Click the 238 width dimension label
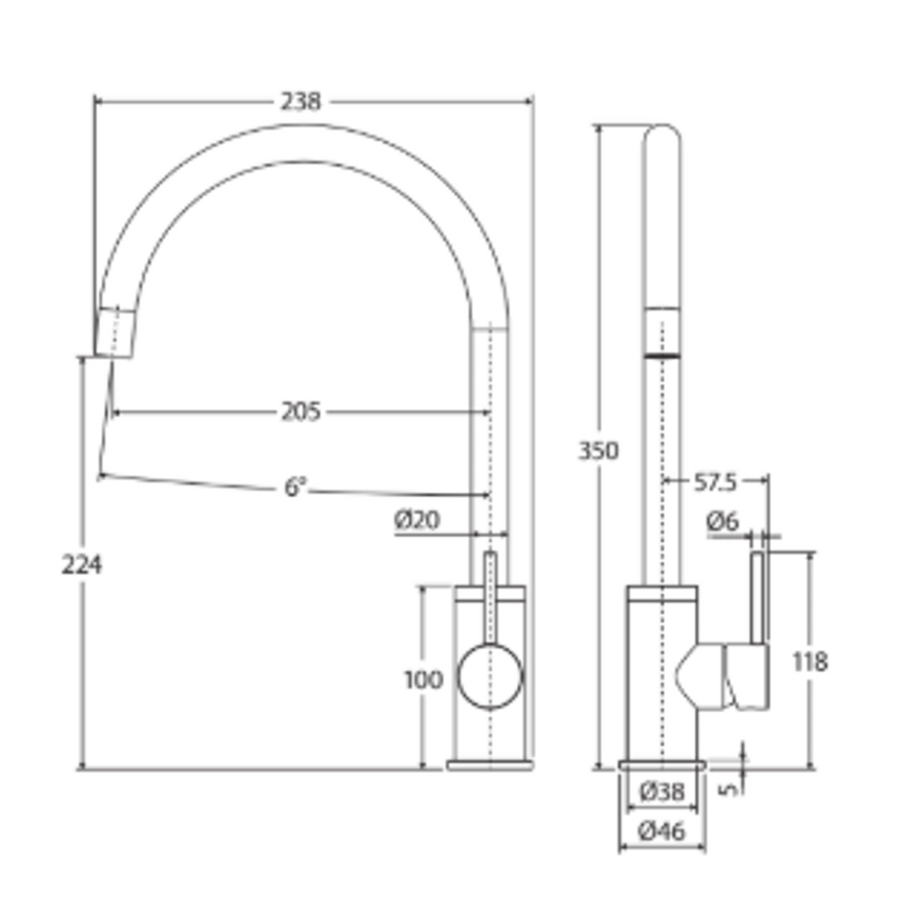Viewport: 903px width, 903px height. pyautogui.click(x=301, y=102)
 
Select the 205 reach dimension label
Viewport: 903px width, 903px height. pyautogui.click(x=301, y=413)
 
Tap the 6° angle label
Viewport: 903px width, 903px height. pyautogui.click(x=295, y=488)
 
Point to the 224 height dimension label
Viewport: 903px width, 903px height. pyautogui.click(x=81, y=564)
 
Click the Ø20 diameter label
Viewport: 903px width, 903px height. pyautogui.click(x=417, y=521)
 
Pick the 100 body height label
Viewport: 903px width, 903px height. pyautogui.click(x=423, y=679)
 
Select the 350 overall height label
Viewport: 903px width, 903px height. pyautogui.click(x=598, y=451)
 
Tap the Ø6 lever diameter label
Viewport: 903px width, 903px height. pyautogui.click(x=722, y=523)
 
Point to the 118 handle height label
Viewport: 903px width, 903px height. pyautogui.click(x=810, y=662)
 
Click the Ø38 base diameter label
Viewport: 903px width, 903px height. pyautogui.click(x=662, y=792)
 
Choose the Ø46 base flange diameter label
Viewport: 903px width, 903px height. pyautogui.click(x=662, y=832)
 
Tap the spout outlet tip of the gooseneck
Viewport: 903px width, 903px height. pyautogui.click(x=116, y=335)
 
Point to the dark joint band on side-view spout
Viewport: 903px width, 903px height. pyautogui.click(x=662, y=355)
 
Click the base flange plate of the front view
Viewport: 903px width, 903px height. pyautogui.click(x=490, y=765)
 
